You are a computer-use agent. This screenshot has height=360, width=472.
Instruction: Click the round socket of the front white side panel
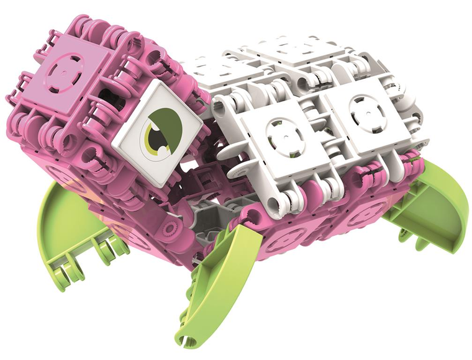pos(279,133)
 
